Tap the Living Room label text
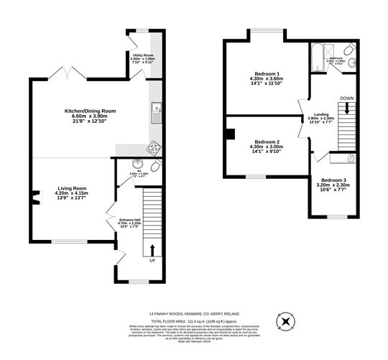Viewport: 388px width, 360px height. coord(72,192)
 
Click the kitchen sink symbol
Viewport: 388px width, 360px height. coord(156,111)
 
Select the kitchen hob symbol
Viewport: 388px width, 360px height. coord(153,149)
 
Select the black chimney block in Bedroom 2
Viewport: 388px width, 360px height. coord(229,133)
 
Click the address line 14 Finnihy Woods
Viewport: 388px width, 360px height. coord(193,314)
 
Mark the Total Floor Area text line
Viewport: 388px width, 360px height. coord(193,321)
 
